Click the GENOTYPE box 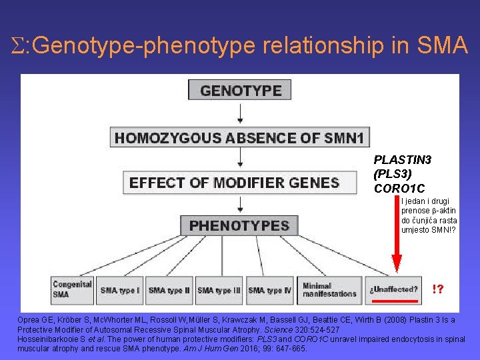[x=240, y=90]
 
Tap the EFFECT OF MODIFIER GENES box [x=234, y=183]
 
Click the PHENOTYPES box [x=239, y=225]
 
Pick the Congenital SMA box [x=72, y=289]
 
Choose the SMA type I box [x=120, y=290]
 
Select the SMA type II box [x=169, y=290]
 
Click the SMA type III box [x=219, y=290]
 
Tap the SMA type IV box [x=270, y=290]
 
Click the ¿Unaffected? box [x=393, y=289]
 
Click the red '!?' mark [x=439, y=289]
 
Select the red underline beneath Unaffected [x=395, y=301]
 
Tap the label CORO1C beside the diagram [x=399, y=188]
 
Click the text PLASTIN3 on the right [x=403, y=160]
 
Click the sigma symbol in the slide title [x=18, y=46]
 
